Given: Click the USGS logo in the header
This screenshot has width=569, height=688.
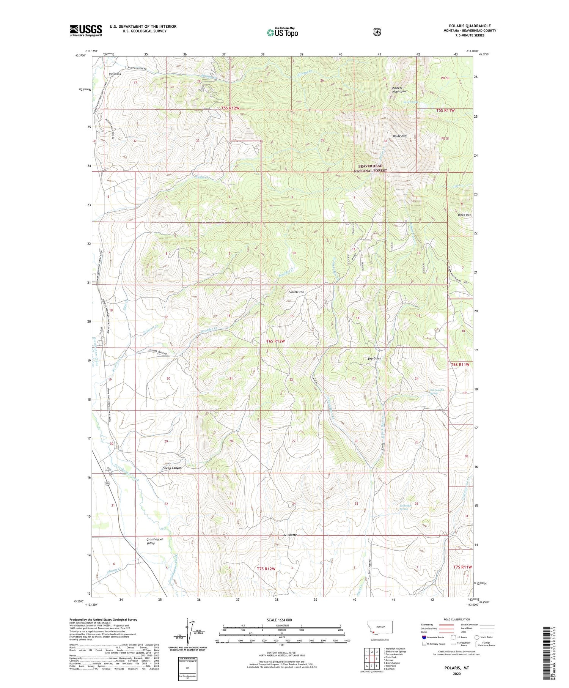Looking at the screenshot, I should [86, 30].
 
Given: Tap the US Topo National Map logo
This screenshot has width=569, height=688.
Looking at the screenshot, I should [282, 32].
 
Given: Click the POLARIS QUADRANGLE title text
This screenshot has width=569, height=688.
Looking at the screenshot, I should [470, 26].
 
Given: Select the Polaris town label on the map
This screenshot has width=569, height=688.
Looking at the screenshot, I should [115, 74].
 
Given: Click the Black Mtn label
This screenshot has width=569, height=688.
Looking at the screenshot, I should [464, 215].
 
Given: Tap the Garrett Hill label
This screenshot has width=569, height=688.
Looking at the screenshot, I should [296, 292].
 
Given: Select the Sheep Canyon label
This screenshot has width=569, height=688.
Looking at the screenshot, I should [172, 468].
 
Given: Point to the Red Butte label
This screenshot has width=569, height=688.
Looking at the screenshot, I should [290, 535].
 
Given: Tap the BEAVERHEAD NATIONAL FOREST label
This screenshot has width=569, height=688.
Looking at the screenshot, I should [371, 168].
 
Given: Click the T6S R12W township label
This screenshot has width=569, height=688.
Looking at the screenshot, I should [275, 341].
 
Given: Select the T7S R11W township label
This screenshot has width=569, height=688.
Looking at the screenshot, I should [462, 567].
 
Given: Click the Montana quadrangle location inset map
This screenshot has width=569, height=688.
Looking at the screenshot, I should [380, 628].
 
